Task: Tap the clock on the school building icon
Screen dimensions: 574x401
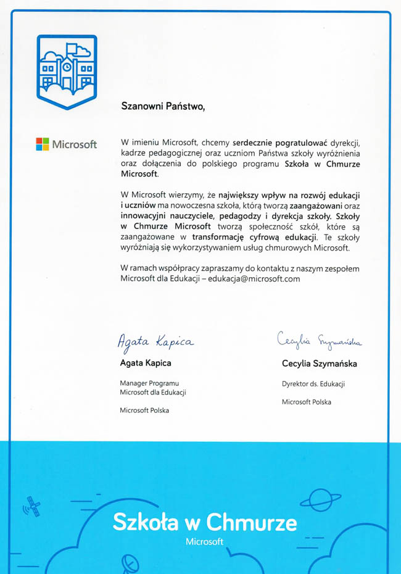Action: (x=66, y=66)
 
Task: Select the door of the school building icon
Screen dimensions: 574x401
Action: (x=66, y=80)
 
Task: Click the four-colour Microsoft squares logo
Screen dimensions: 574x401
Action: (x=43, y=144)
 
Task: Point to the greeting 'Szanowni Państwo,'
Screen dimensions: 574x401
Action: (x=162, y=106)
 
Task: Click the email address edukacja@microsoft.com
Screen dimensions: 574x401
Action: (x=254, y=279)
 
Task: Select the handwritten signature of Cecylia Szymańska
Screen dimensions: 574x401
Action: (x=319, y=339)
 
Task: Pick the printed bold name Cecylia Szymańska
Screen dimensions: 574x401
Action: (x=319, y=364)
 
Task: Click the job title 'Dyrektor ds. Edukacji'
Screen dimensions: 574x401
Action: (x=313, y=384)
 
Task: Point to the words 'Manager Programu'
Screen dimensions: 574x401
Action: (x=150, y=383)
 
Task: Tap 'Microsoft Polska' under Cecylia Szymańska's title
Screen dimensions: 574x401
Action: (x=306, y=402)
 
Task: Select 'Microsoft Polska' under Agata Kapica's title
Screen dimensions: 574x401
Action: (x=144, y=410)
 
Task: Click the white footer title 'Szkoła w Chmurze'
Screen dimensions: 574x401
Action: (x=204, y=523)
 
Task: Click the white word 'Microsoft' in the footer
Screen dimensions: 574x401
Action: (x=204, y=542)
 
